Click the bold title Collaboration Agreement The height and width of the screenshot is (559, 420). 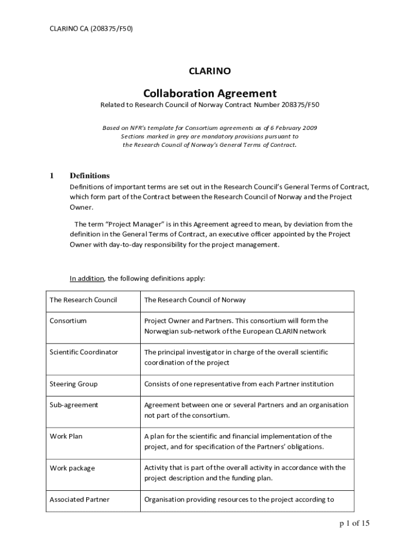210,93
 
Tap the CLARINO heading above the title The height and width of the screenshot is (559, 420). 210,71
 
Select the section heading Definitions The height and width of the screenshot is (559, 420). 89,175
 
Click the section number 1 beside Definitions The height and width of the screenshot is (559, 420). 52,175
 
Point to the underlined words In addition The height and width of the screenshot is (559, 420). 86,278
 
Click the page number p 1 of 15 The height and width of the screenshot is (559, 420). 355,524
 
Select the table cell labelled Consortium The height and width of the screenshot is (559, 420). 68,321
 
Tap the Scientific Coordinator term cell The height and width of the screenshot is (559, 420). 83,352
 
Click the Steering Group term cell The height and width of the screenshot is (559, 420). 74,384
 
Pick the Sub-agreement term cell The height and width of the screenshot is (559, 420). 74,405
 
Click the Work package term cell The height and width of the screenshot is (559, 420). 72,468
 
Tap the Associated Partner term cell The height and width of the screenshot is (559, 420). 80,499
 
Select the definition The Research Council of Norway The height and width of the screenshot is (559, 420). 195,300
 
